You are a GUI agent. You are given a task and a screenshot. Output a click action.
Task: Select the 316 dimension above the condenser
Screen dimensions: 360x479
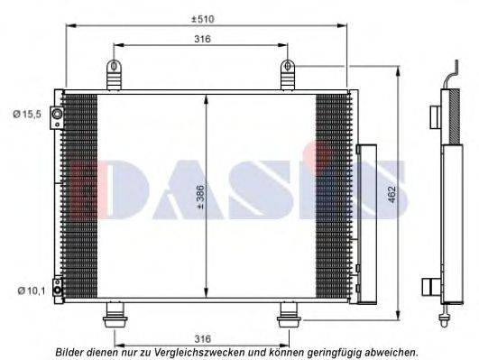(x=202, y=39)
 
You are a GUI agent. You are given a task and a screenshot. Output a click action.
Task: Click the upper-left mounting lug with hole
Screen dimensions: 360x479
(x=115, y=74)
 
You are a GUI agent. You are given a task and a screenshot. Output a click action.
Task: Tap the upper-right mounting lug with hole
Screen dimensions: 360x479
(x=290, y=74)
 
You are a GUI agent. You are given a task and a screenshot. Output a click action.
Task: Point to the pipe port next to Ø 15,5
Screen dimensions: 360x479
(x=56, y=114)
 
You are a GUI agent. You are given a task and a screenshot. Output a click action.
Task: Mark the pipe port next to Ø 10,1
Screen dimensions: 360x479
(x=56, y=290)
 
